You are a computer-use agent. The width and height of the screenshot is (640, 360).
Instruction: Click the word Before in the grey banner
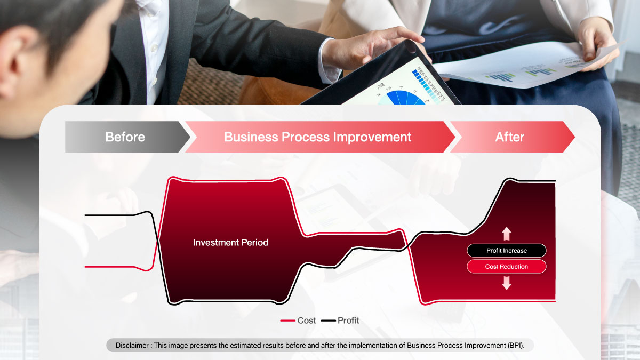[125, 137]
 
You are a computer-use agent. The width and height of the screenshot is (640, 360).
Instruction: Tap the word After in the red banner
[510, 137]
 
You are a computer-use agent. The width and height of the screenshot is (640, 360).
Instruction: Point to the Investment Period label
[230, 242]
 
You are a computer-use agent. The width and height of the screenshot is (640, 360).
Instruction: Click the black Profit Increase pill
[507, 251]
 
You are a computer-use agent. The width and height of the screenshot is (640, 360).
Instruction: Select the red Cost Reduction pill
[507, 267]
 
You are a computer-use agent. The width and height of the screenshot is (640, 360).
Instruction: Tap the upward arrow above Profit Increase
[507, 234]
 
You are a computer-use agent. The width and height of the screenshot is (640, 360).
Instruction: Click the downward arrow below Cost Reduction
[507, 283]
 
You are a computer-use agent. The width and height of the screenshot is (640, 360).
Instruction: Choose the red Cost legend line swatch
[287, 321]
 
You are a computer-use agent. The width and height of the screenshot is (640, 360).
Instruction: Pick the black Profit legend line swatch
[329, 321]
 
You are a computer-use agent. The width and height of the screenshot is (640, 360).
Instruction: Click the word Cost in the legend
[307, 321]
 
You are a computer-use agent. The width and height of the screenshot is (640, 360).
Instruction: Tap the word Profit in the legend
[348, 321]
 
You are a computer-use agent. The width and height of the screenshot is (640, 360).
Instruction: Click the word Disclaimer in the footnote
[132, 346]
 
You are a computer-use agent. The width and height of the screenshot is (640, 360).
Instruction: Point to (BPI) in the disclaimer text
[516, 346]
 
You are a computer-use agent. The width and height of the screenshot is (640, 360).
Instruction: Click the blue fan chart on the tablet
[405, 98]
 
